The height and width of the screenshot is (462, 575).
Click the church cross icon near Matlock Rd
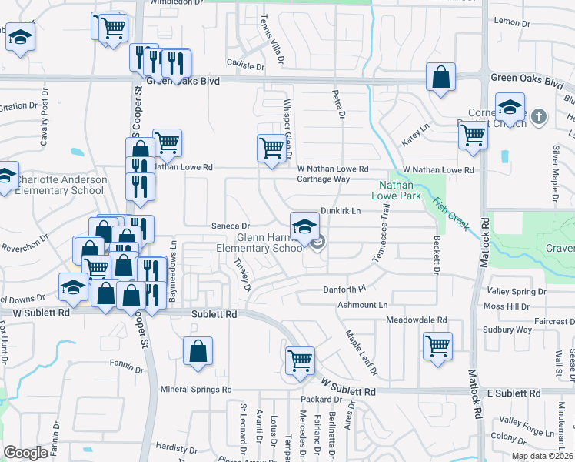tap(539, 117)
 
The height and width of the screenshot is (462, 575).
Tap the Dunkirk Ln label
tap(341, 210)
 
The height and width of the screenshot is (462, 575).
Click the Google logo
tap(26, 453)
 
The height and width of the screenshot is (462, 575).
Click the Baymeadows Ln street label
tap(174, 259)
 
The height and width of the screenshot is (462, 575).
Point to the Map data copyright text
tap(542, 456)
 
